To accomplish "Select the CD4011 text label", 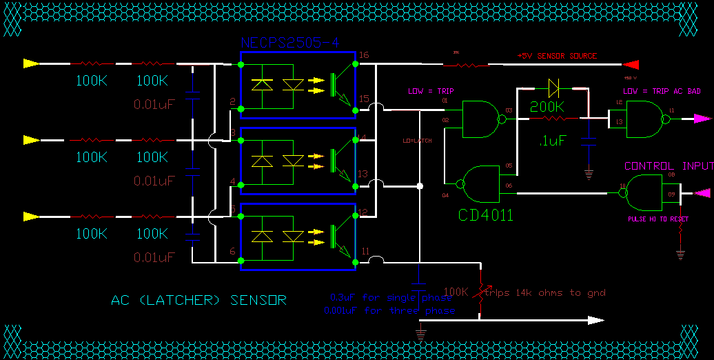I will [x=486, y=215].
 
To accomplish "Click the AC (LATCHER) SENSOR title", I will [x=198, y=300].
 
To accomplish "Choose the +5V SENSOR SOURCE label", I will [x=557, y=56].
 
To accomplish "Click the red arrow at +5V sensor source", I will [x=631, y=66].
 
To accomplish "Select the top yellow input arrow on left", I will [x=31, y=63].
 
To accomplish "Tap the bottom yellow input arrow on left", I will [x=31, y=216].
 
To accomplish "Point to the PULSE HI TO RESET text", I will [x=657, y=219].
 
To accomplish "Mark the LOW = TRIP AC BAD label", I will [x=662, y=91].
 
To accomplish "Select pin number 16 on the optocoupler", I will [x=364, y=54].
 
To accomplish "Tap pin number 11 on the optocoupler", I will [x=365, y=251].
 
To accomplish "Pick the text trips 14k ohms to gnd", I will [x=544, y=293].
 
